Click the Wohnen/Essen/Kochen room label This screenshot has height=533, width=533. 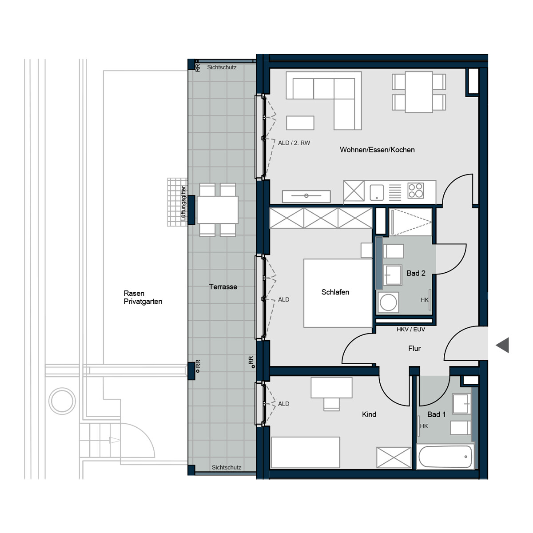(377, 150)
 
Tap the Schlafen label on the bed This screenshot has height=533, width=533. (335, 292)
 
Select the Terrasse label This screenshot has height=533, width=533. (223, 286)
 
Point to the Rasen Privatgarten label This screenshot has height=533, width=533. (143, 297)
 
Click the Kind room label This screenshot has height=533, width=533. (369, 414)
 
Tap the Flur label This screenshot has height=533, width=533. (414, 348)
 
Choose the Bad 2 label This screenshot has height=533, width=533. (416, 273)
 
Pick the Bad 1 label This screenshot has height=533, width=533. (436, 414)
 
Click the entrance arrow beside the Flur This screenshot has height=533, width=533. (502, 345)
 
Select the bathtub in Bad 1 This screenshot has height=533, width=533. (445, 456)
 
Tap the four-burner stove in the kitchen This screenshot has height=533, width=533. (416, 191)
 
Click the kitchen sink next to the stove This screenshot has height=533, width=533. (377, 192)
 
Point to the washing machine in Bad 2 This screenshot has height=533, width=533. (388, 303)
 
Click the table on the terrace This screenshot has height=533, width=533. (217, 210)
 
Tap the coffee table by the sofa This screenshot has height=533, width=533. (300, 123)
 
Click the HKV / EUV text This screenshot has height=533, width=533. (411, 330)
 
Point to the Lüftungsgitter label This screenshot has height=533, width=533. (183, 203)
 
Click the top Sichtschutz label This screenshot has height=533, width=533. (222, 68)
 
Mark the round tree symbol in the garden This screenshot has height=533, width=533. (62, 401)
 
